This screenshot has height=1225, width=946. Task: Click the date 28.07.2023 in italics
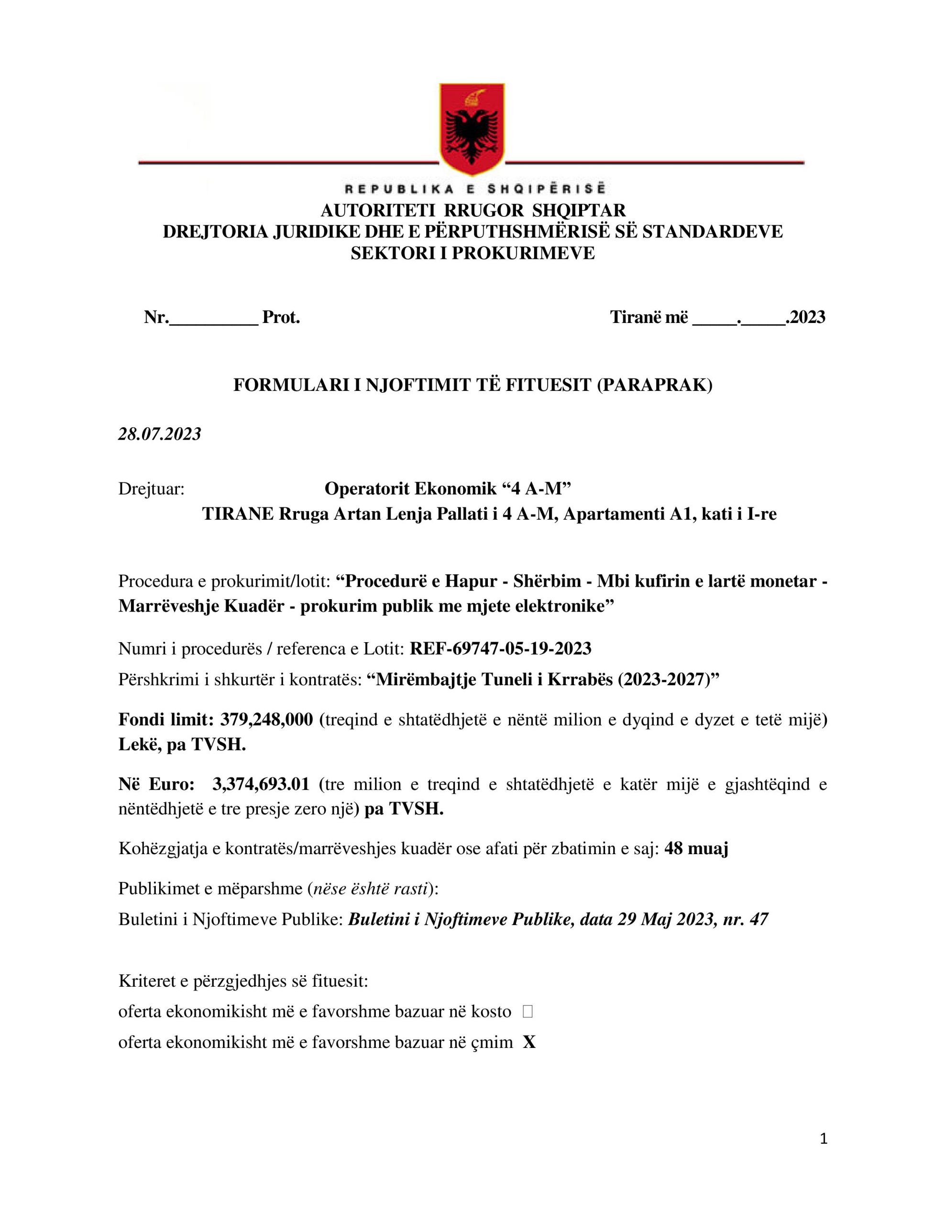tap(159, 434)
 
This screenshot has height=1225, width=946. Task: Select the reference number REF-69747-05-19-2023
tap(500, 648)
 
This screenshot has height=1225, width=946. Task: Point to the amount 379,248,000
tap(266, 719)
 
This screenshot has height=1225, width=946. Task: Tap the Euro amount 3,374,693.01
tap(260, 784)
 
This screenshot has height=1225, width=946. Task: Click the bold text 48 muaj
tap(696, 848)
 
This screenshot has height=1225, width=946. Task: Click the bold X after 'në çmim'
tap(529, 1042)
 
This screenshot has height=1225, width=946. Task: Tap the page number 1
tap(823, 1138)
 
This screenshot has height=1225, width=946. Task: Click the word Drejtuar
tap(152, 489)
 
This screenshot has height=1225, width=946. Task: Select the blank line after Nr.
tap(214, 319)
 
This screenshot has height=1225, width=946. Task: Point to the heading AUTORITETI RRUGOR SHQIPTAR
tap(473, 211)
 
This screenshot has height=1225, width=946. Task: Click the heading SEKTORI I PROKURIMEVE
tap(473, 253)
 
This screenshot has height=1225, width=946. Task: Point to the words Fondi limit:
tap(165, 719)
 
